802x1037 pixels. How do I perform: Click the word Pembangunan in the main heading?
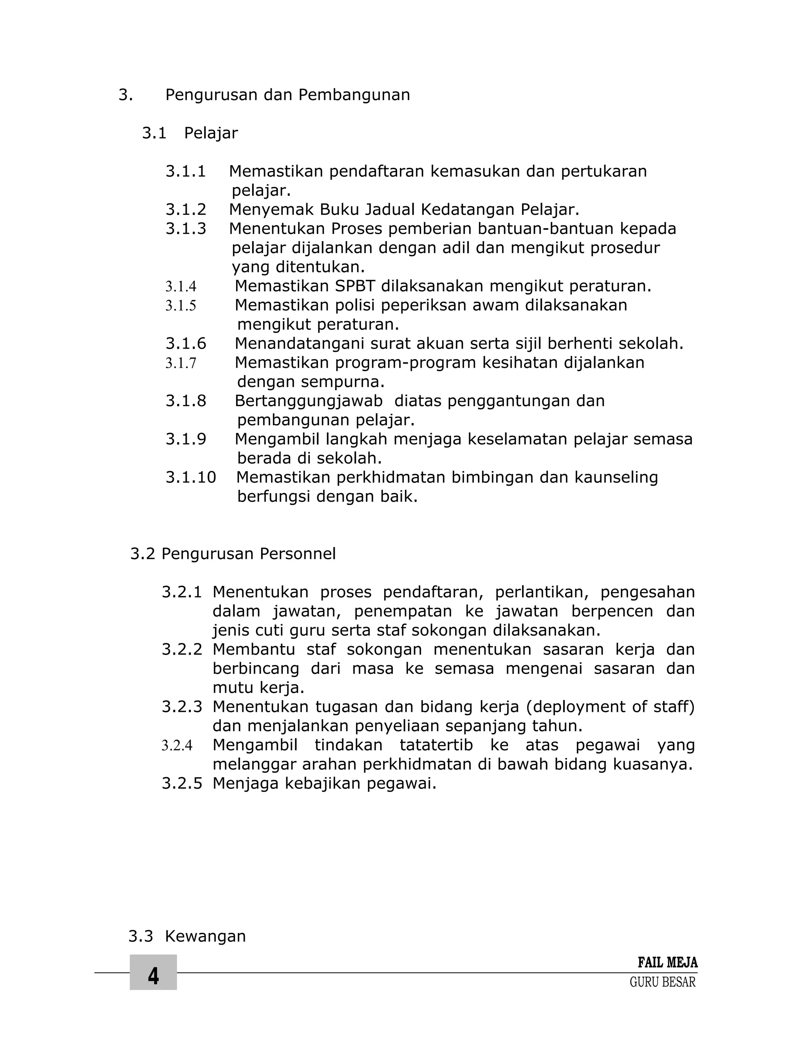354,95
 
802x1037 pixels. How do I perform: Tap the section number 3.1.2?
186,209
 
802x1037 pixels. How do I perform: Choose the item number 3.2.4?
177,745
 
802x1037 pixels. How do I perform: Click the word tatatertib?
436,745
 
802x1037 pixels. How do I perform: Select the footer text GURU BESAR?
662,982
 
